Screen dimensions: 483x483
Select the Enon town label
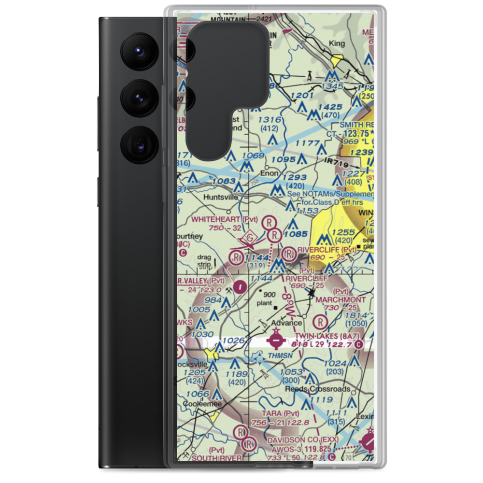[x=269, y=172]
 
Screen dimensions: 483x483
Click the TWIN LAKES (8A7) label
[x=332, y=334]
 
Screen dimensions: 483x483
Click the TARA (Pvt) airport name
[x=280, y=413]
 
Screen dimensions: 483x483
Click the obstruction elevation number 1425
[x=330, y=107]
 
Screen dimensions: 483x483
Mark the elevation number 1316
[x=270, y=120]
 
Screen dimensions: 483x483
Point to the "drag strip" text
[x=205, y=261]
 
